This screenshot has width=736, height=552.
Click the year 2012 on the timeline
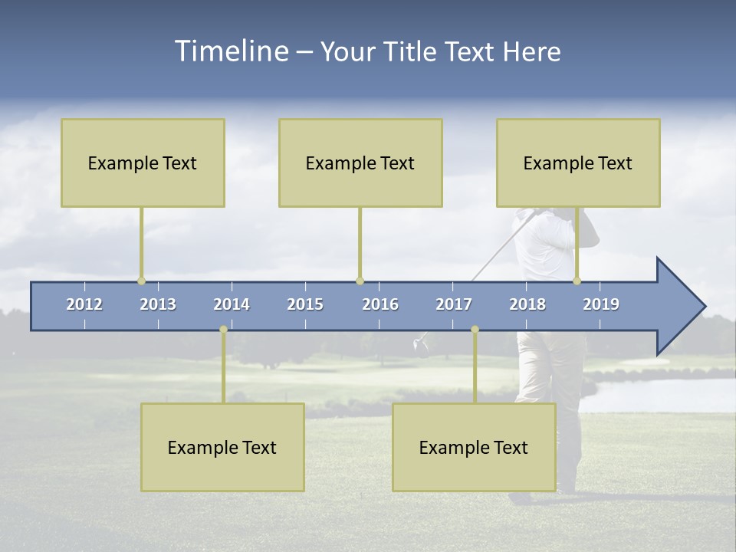point(84,304)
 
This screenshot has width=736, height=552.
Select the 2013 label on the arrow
point(158,304)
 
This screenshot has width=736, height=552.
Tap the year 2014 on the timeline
point(232,304)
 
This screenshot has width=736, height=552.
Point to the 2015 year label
point(305,304)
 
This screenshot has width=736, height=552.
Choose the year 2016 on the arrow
point(380,304)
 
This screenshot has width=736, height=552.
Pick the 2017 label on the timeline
point(454,304)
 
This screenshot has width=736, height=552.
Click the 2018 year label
point(527,304)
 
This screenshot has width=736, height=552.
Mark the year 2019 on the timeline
point(601,304)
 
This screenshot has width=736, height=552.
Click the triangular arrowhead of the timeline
point(679,307)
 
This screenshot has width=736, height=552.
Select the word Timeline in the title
point(231,51)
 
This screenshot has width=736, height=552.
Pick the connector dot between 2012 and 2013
point(141,281)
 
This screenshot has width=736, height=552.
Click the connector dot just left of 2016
point(360,281)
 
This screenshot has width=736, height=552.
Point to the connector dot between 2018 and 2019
point(577,281)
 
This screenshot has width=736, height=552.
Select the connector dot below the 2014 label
point(223,330)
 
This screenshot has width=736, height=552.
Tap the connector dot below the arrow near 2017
point(475,330)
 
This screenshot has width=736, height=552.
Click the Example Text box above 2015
point(360,163)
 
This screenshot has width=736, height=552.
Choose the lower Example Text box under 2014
point(222,447)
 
